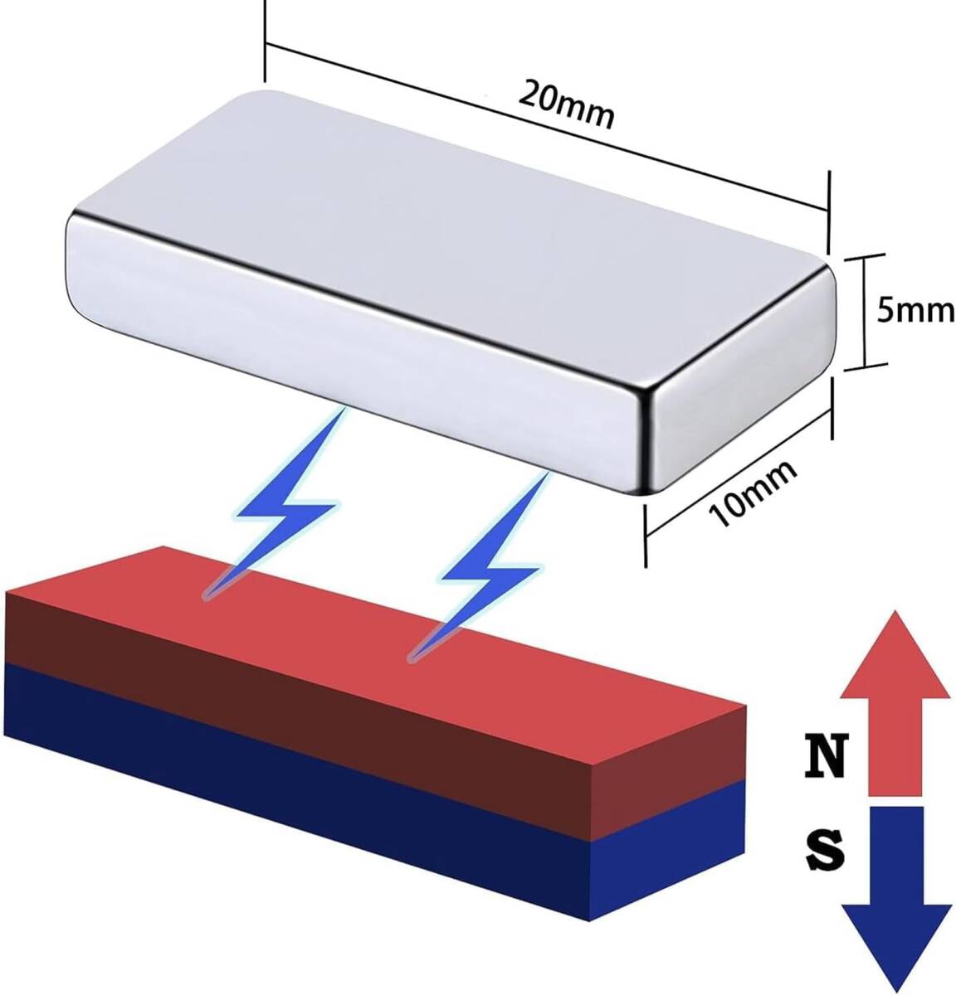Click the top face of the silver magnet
click(x=465, y=199)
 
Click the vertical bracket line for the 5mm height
click(x=866, y=311)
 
